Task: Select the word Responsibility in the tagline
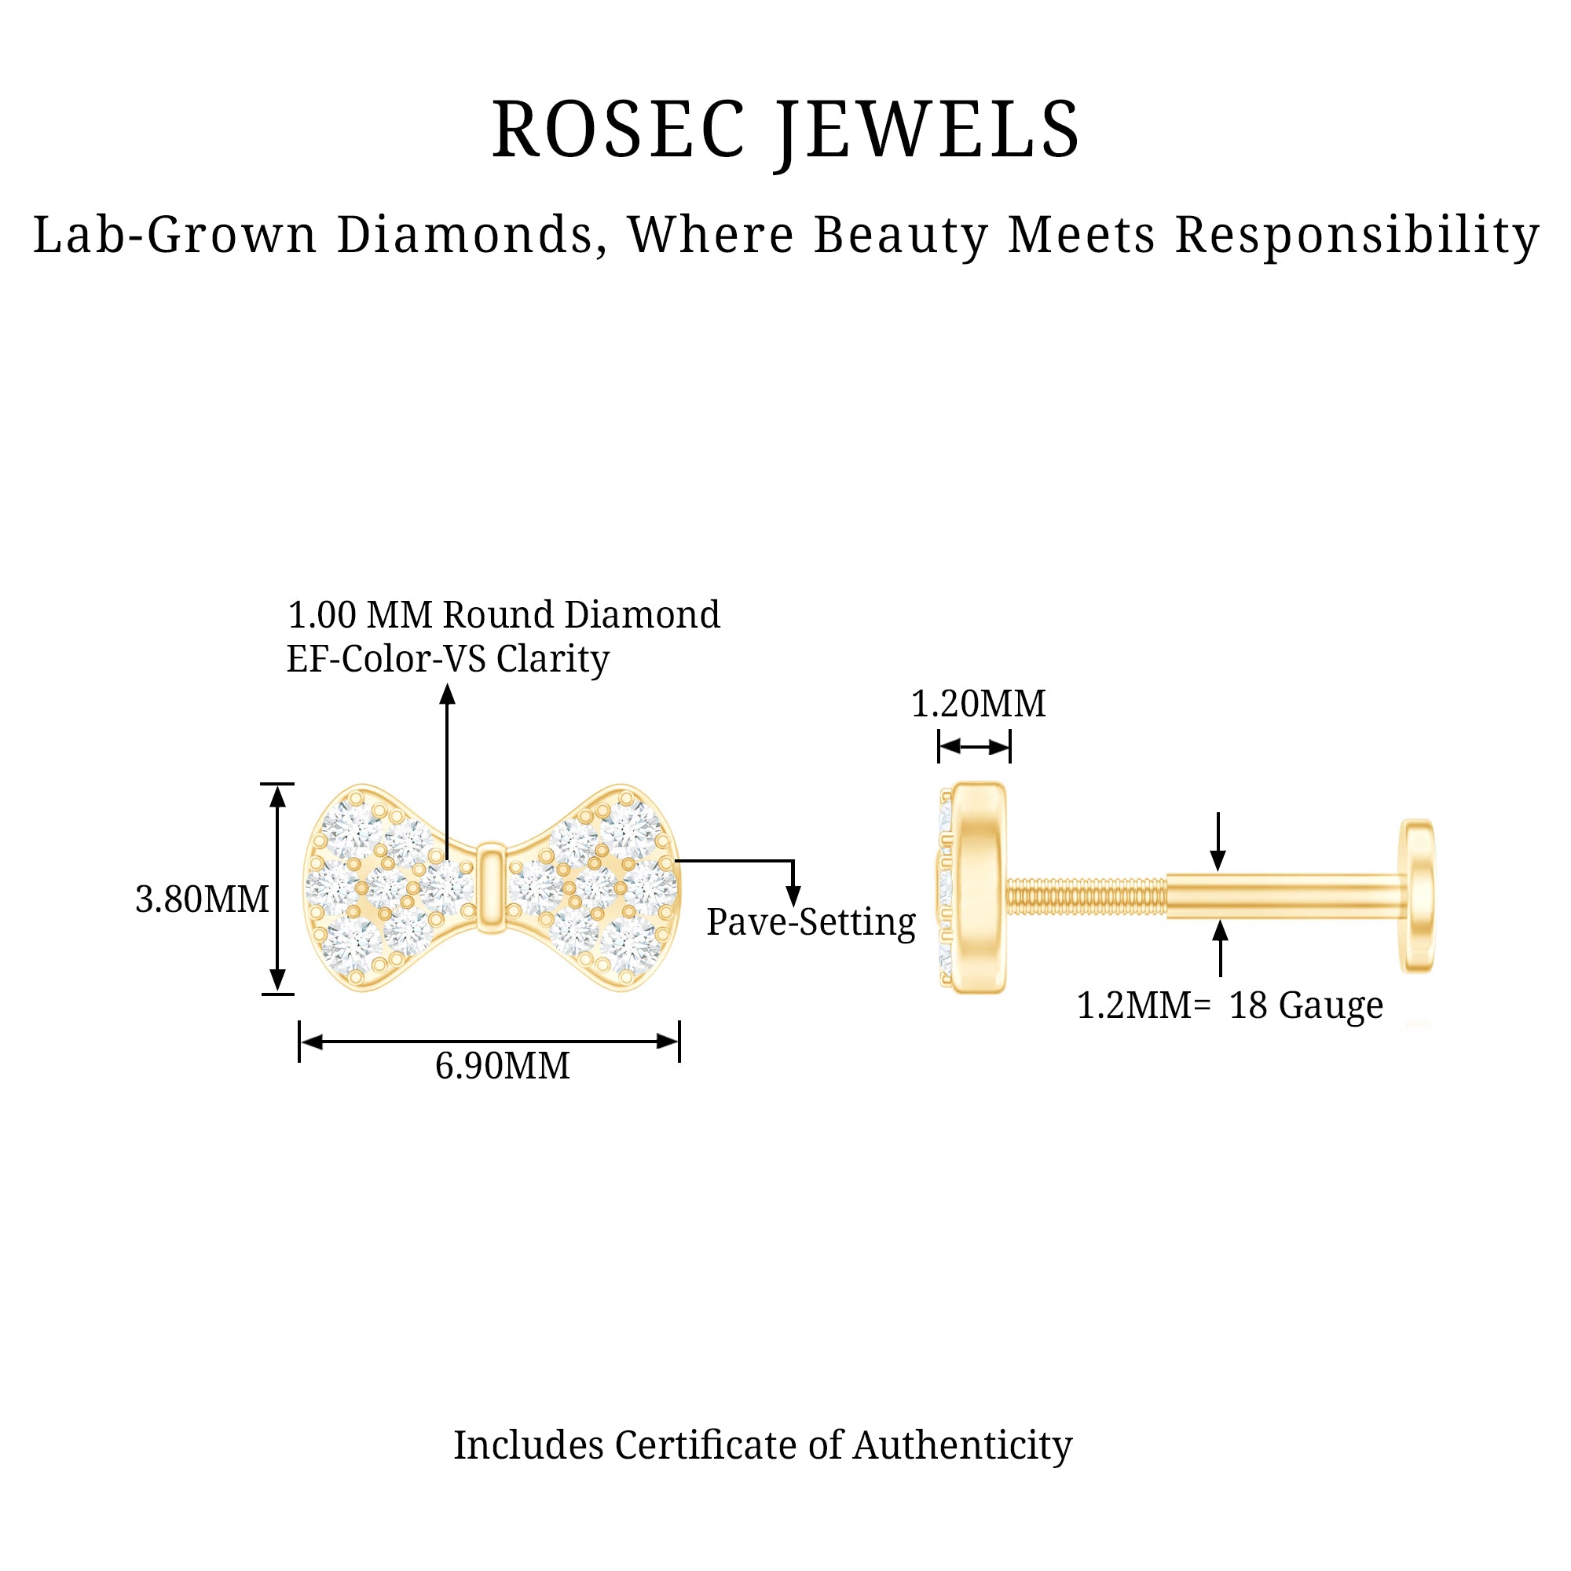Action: pos(1357,236)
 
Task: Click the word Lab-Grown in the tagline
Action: pos(175,236)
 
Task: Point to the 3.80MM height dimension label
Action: pos(202,899)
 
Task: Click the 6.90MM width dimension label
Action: pos(503,1066)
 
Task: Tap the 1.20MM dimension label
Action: pos(978,704)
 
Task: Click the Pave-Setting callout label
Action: pos(811,922)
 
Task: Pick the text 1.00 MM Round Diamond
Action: pos(504,615)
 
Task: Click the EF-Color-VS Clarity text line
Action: pos(448,659)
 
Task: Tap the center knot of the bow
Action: pos(490,887)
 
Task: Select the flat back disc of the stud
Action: pos(1417,895)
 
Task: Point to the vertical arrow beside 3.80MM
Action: pos(278,888)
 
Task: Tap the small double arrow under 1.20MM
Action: pos(974,746)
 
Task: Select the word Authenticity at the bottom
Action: pos(963,1445)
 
